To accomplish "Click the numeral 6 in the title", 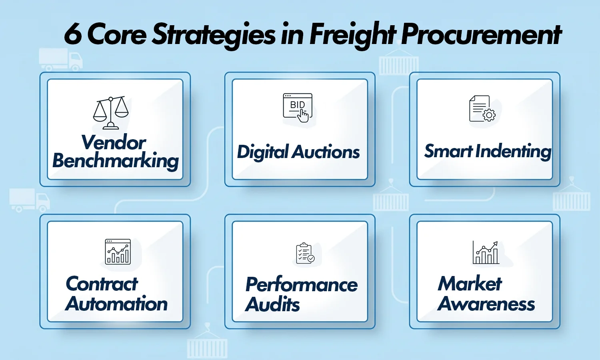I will (x=73, y=34).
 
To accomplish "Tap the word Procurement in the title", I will (x=482, y=34).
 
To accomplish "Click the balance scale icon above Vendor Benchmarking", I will (x=111, y=112).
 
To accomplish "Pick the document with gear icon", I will (x=482, y=108).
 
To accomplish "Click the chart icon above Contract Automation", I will (x=118, y=252).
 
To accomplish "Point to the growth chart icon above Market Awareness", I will (x=486, y=252).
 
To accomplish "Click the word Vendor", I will (x=114, y=142).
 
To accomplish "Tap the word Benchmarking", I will (x=116, y=161).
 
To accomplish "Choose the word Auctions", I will (x=326, y=152).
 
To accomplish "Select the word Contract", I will (x=102, y=284).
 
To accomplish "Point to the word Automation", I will (x=116, y=304).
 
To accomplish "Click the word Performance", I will (x=302, y=285).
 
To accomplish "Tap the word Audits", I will (x=273, y=304).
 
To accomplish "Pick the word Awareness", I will (x=486, y=304).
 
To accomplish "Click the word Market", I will (x=470, y=284).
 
